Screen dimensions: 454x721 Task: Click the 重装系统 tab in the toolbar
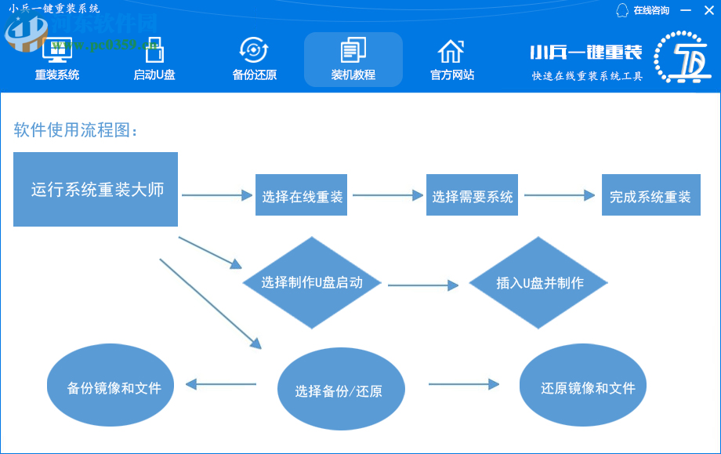point(57,60)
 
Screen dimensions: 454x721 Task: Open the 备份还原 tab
point(254,60)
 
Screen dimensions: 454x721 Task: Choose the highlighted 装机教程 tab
point(353,60)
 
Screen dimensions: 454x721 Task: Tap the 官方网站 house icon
point(451,51)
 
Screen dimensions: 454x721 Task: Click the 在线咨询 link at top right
point(643,10)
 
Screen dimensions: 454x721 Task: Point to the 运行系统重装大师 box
point(96,190)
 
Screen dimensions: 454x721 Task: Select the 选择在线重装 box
point(303,196)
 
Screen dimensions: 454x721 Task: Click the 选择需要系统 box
point(473,196)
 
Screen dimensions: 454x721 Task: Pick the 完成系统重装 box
point(650,196)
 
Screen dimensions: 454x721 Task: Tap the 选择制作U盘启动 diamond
point(312,282)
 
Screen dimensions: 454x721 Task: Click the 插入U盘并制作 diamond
point(539,282)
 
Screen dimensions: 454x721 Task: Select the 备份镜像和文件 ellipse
point(114,387)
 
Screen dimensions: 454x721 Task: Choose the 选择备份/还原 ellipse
point(339,390)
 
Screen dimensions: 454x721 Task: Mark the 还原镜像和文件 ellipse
point(588,387)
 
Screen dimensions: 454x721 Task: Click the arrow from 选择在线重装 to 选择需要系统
point(388,196)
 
